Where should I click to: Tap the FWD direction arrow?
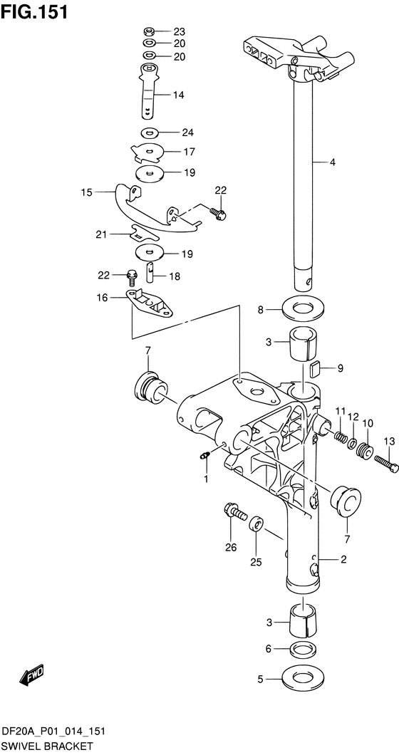tap(32, 674)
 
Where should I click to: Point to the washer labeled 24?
tap(149, 132)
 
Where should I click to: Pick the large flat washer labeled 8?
tap(304, 309)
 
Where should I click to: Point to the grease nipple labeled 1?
tap(204, 456)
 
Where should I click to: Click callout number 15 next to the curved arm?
tap(86, 192)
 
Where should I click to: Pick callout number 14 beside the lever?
tap(177, 94)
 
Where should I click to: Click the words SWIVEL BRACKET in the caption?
tap(47, 746)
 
